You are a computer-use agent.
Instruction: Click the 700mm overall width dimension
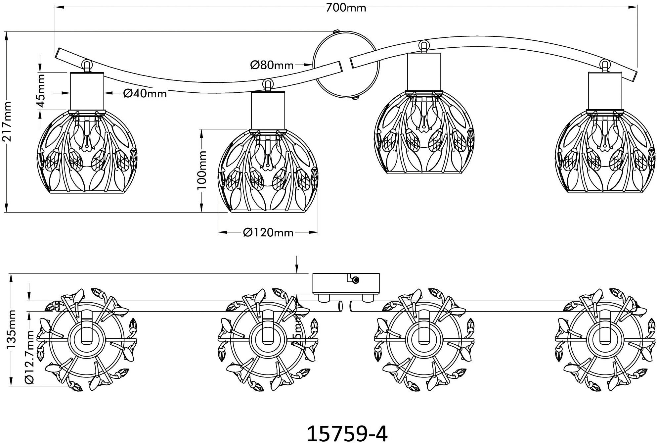[x=346, y=7]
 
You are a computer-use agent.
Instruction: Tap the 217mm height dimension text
[x=7, y=122]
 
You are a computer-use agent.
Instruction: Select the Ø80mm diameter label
[x=272, y=65]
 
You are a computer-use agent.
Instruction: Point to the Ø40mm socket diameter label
[x=145, y=94]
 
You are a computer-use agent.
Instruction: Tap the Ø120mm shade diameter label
[x=268, y=233]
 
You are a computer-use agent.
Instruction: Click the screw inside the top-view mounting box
[x=356, y=280]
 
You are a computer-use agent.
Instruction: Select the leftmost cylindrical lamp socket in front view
[x=87, y=92]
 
